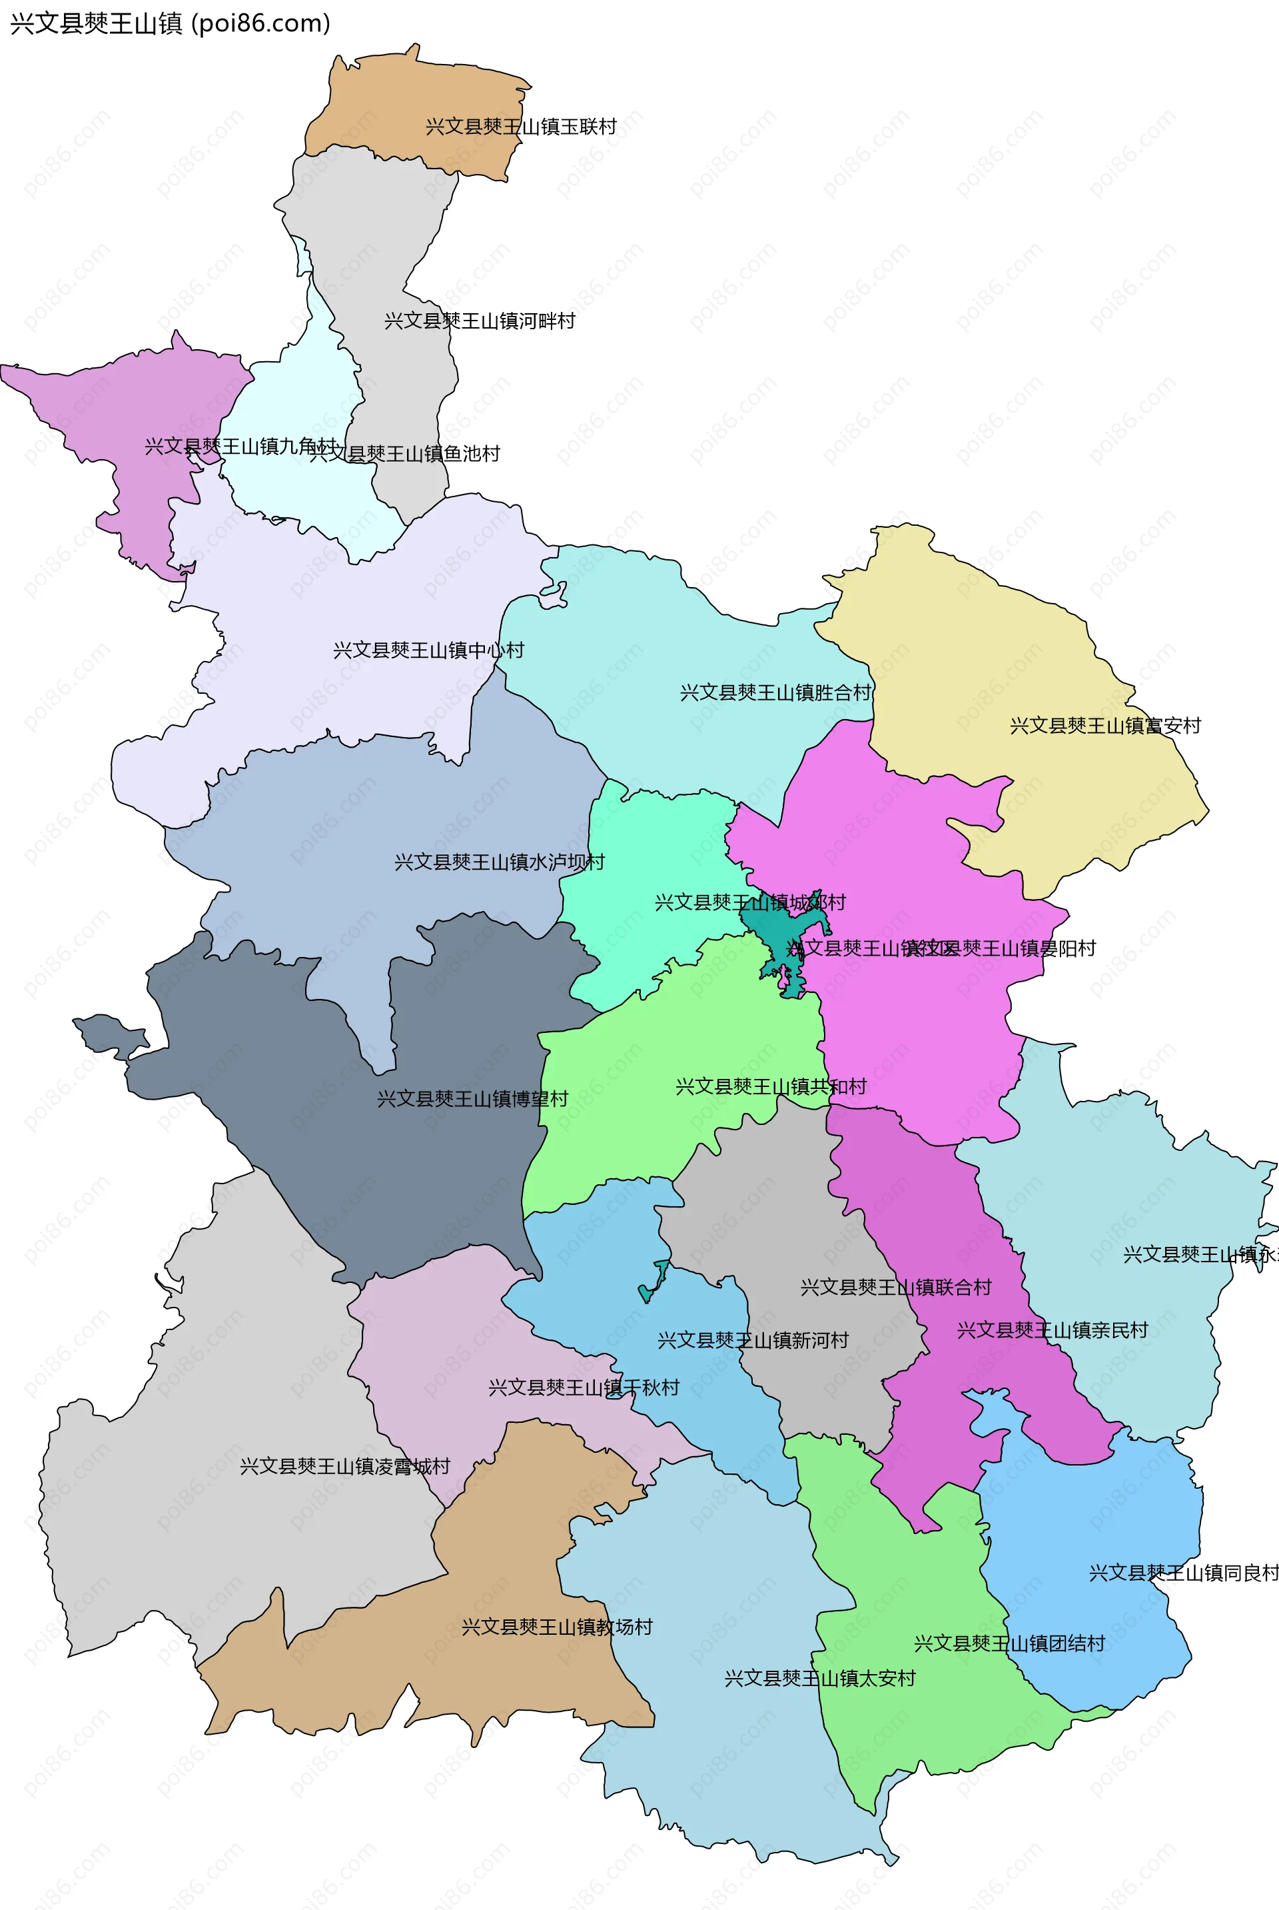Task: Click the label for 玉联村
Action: click(520, 127)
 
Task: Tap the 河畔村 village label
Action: click(480, 321)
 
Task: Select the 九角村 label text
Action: click(240, 447)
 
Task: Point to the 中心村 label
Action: click(428, 650)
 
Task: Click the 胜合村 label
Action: click(775, 692)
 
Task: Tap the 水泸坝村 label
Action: click(499, 862)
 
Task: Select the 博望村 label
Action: click(472, 1099)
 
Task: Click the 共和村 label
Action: click(771, 1087)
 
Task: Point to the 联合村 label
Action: click(895, 1288)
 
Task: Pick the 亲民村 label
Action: click(1053, 1330)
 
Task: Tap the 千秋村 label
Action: click(584, 1388)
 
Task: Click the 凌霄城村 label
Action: click(345, 1466)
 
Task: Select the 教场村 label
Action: click(557, 1627)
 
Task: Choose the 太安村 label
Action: click(820, 1678)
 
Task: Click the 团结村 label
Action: click(1009, 1643)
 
